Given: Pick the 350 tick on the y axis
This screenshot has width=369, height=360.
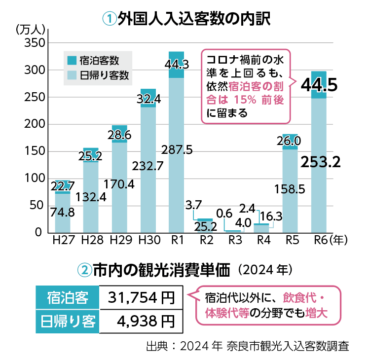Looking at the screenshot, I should pyautogui.click(x=35, y=44).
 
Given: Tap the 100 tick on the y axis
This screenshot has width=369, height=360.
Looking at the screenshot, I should pyautogui.click(x=35, y=179).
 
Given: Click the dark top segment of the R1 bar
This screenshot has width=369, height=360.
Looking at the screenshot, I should pyautogui.click(x=176, y=64).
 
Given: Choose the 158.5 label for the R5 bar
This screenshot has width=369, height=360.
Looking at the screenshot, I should pyautogui.click(x=291, y=188).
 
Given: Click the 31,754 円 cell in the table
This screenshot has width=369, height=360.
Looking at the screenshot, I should pyautogui.click(x=142, y=297).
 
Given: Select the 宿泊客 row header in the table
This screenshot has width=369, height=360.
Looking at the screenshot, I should pyautogui.click(x=68, y=297).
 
